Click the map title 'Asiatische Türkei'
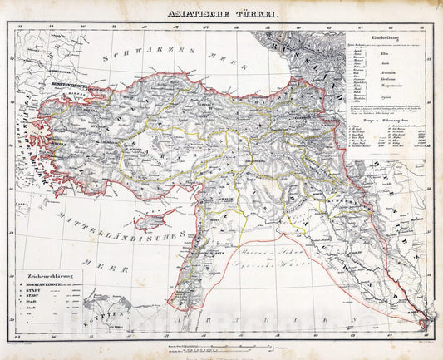(x=220, y=12)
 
